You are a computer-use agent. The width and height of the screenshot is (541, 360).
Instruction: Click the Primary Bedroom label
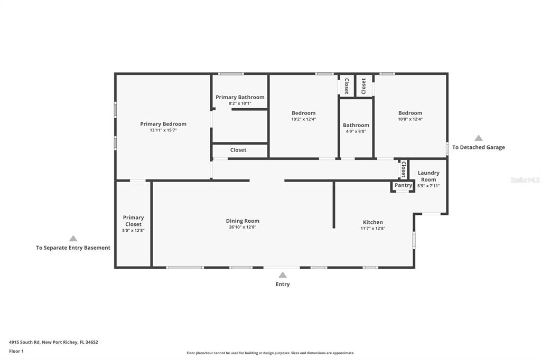[x=163, y=124]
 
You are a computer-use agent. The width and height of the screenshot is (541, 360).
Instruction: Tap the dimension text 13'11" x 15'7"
[x=163, y=130]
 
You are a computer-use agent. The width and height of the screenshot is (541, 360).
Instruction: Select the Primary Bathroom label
[x=240, y=97]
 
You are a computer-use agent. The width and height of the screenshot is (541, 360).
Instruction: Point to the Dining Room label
[x=242, y=221]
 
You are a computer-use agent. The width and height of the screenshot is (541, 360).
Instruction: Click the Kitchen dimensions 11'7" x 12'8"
[x=372, y=228]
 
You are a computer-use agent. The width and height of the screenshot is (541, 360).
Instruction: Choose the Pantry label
[x=403, y=185]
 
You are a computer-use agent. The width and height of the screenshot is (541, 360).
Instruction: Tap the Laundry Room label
[x=428, y=176]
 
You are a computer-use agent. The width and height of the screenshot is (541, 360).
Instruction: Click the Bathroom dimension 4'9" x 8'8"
[x=356, y=131]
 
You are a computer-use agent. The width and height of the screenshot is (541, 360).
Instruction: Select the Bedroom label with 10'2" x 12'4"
[x=303, y=113]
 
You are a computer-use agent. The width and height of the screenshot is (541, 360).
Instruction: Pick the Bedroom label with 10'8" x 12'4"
[x=410, y=113]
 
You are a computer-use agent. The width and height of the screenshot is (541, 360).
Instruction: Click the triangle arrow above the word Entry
[x=283, y=274]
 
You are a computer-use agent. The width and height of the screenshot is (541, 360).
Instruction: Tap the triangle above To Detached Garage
[x=478, y=138]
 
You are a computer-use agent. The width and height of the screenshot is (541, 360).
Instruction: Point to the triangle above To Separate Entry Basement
[x=73, y=239]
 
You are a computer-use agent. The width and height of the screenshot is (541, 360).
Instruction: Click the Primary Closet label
[x=133, y=221]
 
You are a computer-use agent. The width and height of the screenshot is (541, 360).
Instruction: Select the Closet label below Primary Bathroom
[x=238, y=150]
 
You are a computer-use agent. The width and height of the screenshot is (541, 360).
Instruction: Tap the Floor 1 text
[x=17, y=350]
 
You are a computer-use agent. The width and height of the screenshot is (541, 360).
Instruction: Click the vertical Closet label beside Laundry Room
[x=404, y=169]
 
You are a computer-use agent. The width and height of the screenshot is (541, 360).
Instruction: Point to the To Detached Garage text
[x=478, y=147]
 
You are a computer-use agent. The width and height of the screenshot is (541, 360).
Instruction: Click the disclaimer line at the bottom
[x=270, y=353]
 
